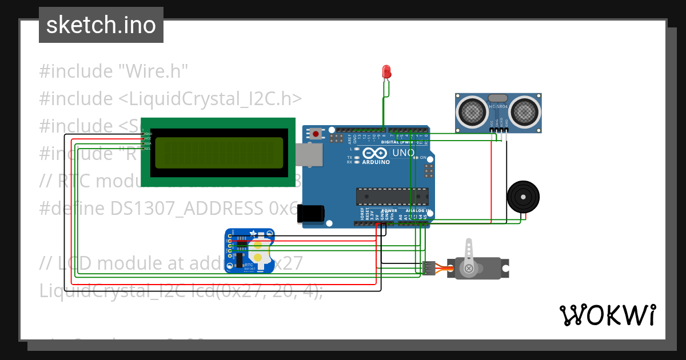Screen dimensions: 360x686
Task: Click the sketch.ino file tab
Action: (x=101, y=25)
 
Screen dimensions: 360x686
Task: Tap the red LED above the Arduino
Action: (x=386, y=72)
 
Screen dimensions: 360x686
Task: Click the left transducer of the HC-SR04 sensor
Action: (x=472, y=111)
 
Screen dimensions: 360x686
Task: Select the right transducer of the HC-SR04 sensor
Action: (x=524, y=111)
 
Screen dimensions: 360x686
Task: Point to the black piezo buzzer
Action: (x=523, y=197)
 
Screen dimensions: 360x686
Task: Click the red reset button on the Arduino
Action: (x=315, y=134)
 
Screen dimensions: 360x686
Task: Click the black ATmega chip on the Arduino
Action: (x=392, y=196)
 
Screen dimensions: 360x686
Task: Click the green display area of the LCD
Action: (x=220, y=153)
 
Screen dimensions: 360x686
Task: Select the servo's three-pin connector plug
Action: (x=428, y=268)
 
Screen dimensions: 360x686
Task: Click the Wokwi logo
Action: (x=607, y=315)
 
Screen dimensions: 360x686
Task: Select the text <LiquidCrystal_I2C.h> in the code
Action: (x=210, y=98)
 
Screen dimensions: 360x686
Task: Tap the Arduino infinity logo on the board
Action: (x=375, y=153)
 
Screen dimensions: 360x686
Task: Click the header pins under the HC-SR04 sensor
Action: (x=499, y=130)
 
